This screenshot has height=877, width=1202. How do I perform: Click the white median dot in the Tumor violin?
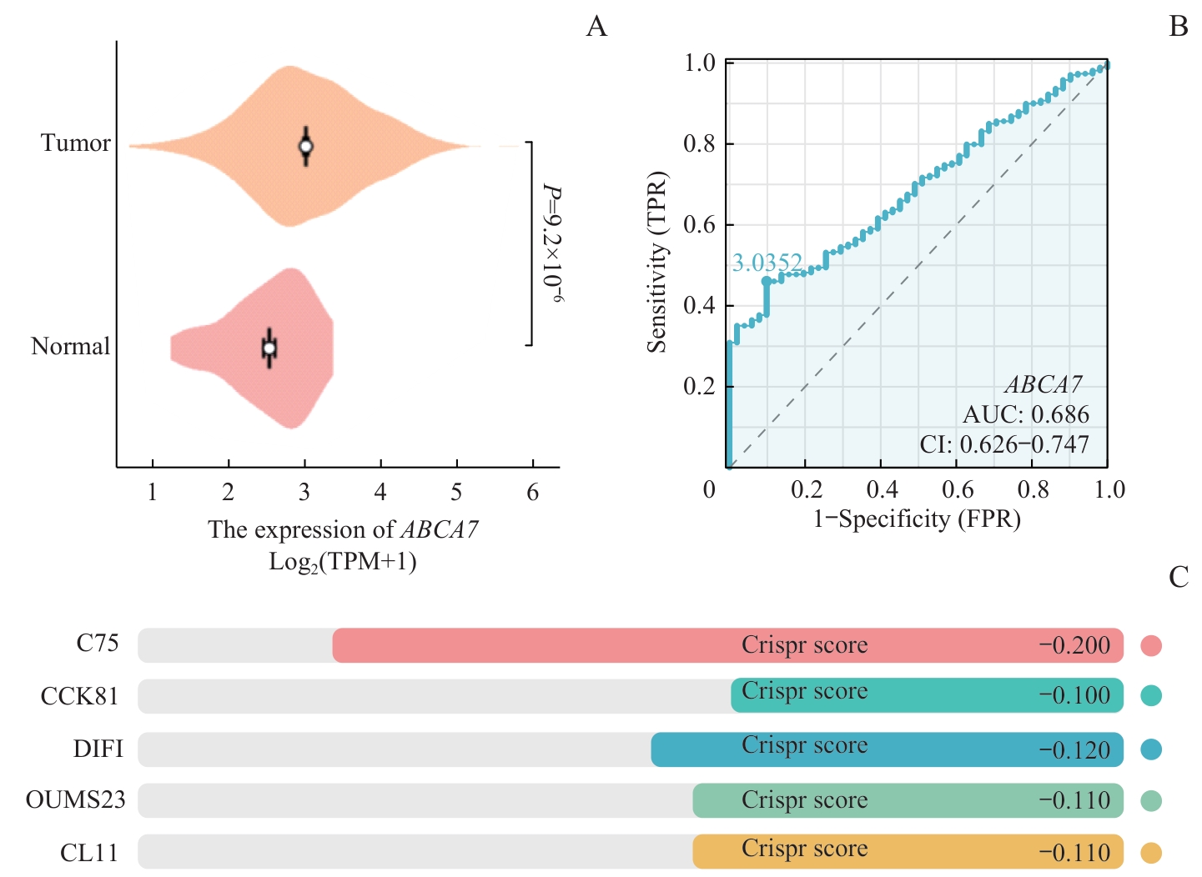point(306,147)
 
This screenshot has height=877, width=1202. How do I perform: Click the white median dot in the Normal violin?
point(269,348)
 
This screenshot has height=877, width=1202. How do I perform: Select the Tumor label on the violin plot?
point(76,143)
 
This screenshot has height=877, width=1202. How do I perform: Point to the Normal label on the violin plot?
point(70,346)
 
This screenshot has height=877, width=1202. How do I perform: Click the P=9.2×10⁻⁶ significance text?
point(552,243)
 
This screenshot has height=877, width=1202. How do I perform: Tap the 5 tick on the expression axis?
point(456,493)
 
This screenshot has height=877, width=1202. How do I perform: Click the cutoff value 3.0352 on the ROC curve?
point(767,263)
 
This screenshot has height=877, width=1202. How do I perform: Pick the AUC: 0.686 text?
point(1026,414)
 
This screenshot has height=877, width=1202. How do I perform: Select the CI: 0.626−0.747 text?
point(1004,444)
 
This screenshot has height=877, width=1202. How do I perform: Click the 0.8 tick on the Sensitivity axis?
point(699,144)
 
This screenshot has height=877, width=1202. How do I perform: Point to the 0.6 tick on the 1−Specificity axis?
point(958,489)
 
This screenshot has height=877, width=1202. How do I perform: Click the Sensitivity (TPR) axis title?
point(658,262)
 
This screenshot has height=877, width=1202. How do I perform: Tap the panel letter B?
point(1178,27)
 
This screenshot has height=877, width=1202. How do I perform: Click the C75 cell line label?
point(98,644)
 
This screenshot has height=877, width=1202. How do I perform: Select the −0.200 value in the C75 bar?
point(1074,645)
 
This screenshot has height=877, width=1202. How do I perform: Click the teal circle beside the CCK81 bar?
point(1151,696)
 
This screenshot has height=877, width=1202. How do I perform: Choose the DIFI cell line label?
point(98,749)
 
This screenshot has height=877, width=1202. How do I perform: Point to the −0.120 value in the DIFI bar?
point(1074,750)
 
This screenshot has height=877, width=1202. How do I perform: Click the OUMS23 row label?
point(76,800)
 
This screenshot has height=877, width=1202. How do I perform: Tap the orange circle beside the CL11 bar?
point(1151,853)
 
